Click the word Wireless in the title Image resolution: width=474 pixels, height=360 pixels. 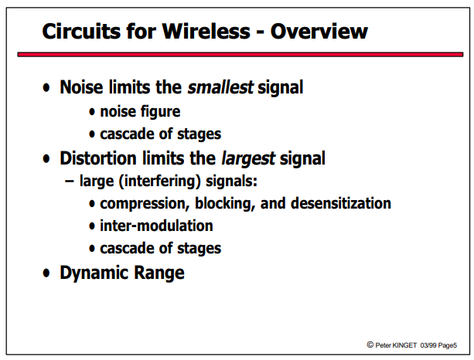point(206,31)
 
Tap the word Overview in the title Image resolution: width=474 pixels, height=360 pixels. point(319,31)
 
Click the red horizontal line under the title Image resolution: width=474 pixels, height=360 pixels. point(240,54)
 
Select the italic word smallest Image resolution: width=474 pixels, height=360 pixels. point(220,87)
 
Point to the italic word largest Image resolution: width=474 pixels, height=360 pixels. point(248,158)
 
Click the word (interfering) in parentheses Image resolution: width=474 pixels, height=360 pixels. point(160,182)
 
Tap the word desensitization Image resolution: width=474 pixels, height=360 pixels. point(341,203)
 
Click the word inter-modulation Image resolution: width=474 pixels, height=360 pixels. point(156,226)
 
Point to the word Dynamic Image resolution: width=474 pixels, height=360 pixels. point(94,273)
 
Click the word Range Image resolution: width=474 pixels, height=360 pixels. point(159,273)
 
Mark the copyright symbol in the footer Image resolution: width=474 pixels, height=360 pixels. point(370,345)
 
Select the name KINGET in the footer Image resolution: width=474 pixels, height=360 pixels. point(404,345)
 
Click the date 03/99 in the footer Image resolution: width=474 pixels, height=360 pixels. point(428,345)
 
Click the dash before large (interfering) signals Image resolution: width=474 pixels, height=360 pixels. point(70,182)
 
